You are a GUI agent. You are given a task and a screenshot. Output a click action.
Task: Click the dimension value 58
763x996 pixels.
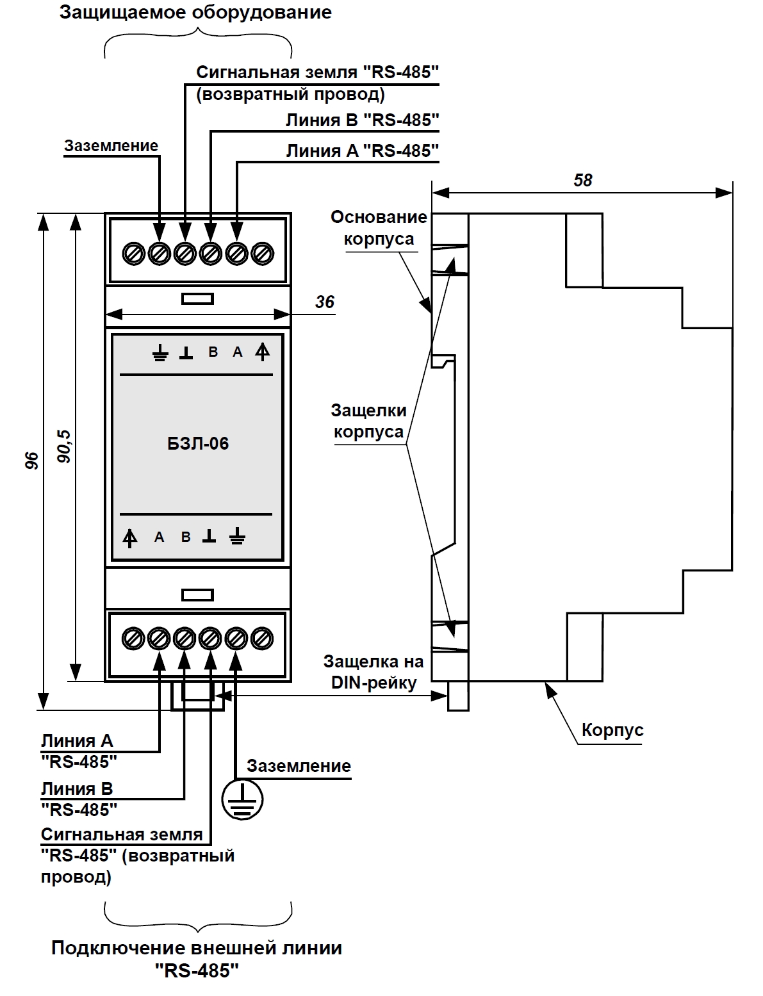point(582,180)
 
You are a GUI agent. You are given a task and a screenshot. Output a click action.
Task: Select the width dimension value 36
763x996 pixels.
point(324,302)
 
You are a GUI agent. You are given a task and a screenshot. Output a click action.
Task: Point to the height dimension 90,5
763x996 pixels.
point(64,446)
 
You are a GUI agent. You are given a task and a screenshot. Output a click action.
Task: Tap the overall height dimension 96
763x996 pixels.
point(31,460)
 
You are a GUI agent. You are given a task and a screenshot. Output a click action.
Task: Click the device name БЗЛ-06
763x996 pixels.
point(197,444)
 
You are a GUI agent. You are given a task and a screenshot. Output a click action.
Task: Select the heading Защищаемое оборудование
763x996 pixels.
point(195,12)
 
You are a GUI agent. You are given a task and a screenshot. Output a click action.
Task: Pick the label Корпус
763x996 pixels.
point(612,730)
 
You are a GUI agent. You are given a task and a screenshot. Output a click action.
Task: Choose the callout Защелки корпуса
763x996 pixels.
point(368,421)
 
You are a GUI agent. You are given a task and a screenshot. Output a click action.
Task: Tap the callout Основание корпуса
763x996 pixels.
point(379,228)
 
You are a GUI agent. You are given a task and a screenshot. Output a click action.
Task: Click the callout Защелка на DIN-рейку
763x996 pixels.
point(373,672)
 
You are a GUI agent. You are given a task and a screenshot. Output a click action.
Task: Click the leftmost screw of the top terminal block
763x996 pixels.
point(134,254)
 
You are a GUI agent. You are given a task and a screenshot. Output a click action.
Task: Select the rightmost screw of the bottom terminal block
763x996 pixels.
point(262,639)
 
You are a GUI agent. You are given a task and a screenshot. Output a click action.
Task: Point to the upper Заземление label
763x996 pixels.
point(111,146)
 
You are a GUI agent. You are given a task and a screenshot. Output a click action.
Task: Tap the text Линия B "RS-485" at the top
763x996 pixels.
point(363,120)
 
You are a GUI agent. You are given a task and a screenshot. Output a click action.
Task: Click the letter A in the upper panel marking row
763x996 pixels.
point(238,352)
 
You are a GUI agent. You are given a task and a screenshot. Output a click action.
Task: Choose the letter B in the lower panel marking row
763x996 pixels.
point(186,537)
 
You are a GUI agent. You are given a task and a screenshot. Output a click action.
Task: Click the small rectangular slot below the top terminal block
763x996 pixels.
point(197,299)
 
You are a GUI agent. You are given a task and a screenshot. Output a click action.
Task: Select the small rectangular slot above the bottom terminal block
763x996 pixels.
point(197,595)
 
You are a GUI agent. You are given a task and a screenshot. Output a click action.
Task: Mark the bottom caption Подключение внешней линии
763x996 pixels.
point(197,948)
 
